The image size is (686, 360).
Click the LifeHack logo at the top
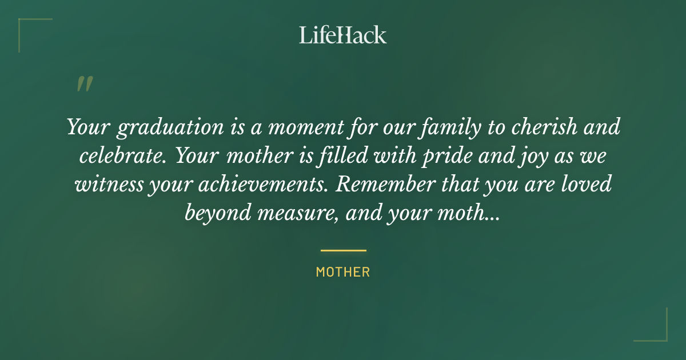point(343,35)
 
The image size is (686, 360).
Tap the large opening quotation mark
point(84,84)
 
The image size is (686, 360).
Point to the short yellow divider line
point(343,250)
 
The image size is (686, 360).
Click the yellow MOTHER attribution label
point(343,272)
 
